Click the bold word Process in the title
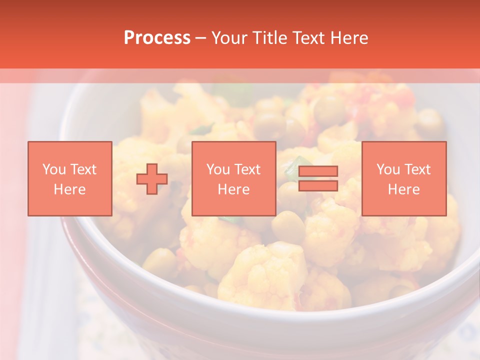[157, 38]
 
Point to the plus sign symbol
[152, 179]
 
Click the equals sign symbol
[318, 178]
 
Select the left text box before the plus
[70, 178]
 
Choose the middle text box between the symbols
[234, 178]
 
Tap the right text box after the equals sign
[404, 178]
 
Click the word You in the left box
[54, 169]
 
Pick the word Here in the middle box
[234, 189]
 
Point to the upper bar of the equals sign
[318, 171]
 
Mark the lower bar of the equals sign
[318, 186]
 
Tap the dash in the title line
[200, 38]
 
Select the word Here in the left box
[70, 189]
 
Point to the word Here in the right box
[404, 189]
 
